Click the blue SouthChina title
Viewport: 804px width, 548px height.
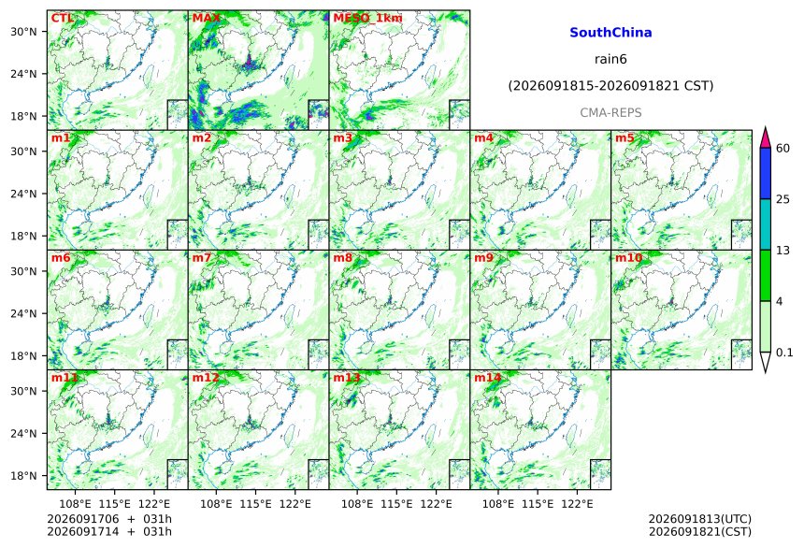click(x=610, y=33)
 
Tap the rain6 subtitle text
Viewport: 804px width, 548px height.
click(x=610, y=59)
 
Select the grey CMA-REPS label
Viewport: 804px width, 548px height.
click(x=610, y=113)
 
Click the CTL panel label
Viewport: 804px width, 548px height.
click(x=62, y=19)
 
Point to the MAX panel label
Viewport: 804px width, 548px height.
click(x=206, y=19)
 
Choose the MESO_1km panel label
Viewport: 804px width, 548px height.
click(x=367, y=19)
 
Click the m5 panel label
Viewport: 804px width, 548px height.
click(x=625, y=138)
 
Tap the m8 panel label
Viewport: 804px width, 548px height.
click(x=342, y=257)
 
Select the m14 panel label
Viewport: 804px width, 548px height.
click(x=487, y=378)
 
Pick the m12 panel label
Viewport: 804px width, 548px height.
click(x=205, y=378)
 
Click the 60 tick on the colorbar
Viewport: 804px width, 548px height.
click(x=782, y=149)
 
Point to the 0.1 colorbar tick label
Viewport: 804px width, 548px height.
click(x=784, y=352)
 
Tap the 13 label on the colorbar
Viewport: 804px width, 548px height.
click(x=782, y=251)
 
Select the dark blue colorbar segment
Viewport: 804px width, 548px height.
click(x=766, y=173)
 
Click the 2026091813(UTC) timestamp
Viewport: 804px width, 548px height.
click(x=700, y=519)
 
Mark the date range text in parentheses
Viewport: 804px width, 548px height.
click(x=610, y=86)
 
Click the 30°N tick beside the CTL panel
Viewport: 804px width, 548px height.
click(x=23, y=31)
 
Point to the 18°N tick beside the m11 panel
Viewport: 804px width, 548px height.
click(x=23, y=476)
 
